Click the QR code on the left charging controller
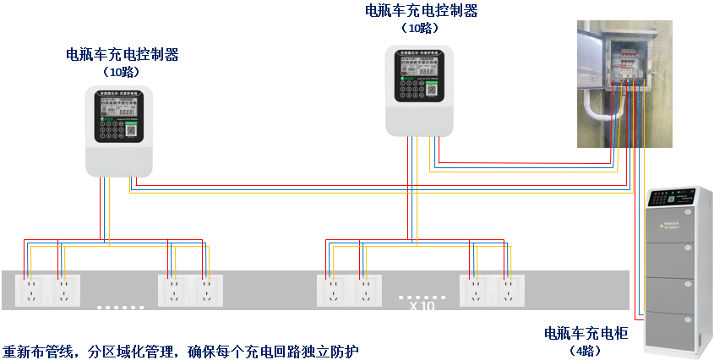(x=132, y=131)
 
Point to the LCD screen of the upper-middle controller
(x=420, y=66)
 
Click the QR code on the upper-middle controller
(x=431, y=90)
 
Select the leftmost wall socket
(x=30, y=291)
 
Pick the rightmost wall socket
(x=505, y=291)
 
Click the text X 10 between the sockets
(x=422, y=307)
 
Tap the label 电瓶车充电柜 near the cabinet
(x=586, y=333)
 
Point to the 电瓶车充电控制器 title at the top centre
(x=421, y=11)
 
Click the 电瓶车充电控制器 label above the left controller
(x=123, y=55)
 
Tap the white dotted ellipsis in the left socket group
(x=119, y=307)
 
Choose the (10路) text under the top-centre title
(x=421, y=28)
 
